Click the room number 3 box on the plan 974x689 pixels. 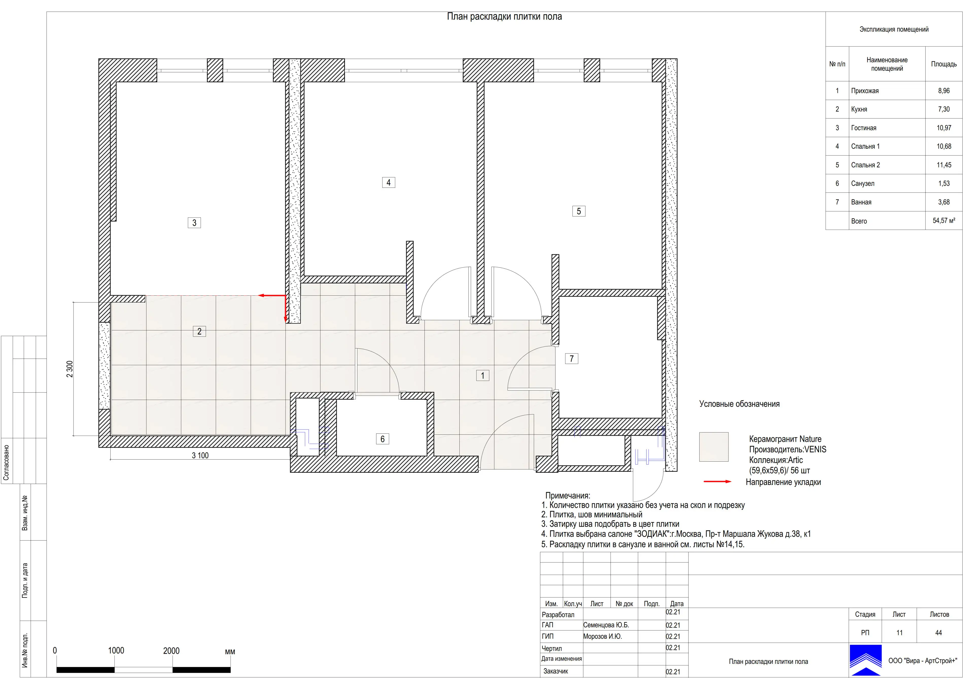click(x=194, y=223)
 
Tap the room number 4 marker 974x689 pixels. click(x=389, y=182)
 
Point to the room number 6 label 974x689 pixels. click(x=382, y=439)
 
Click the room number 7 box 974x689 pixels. click(x=571, y=359)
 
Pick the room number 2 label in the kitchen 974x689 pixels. click(x=199, y=331)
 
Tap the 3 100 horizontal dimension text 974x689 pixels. click(x=200, y=456)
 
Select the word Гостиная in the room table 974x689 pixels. click(x=863, y=128)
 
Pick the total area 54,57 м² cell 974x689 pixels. click(x=944, y=221)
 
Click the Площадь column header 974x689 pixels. click(x=944, y=64)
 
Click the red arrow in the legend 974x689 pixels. click(x=717, y=482)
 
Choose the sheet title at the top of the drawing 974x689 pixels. click(x=505, y=16)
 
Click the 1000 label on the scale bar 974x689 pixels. click(x=116, y=651)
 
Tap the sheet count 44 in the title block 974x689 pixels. click(x=938, y=633)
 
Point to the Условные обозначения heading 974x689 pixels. click(x=739, y=404)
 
